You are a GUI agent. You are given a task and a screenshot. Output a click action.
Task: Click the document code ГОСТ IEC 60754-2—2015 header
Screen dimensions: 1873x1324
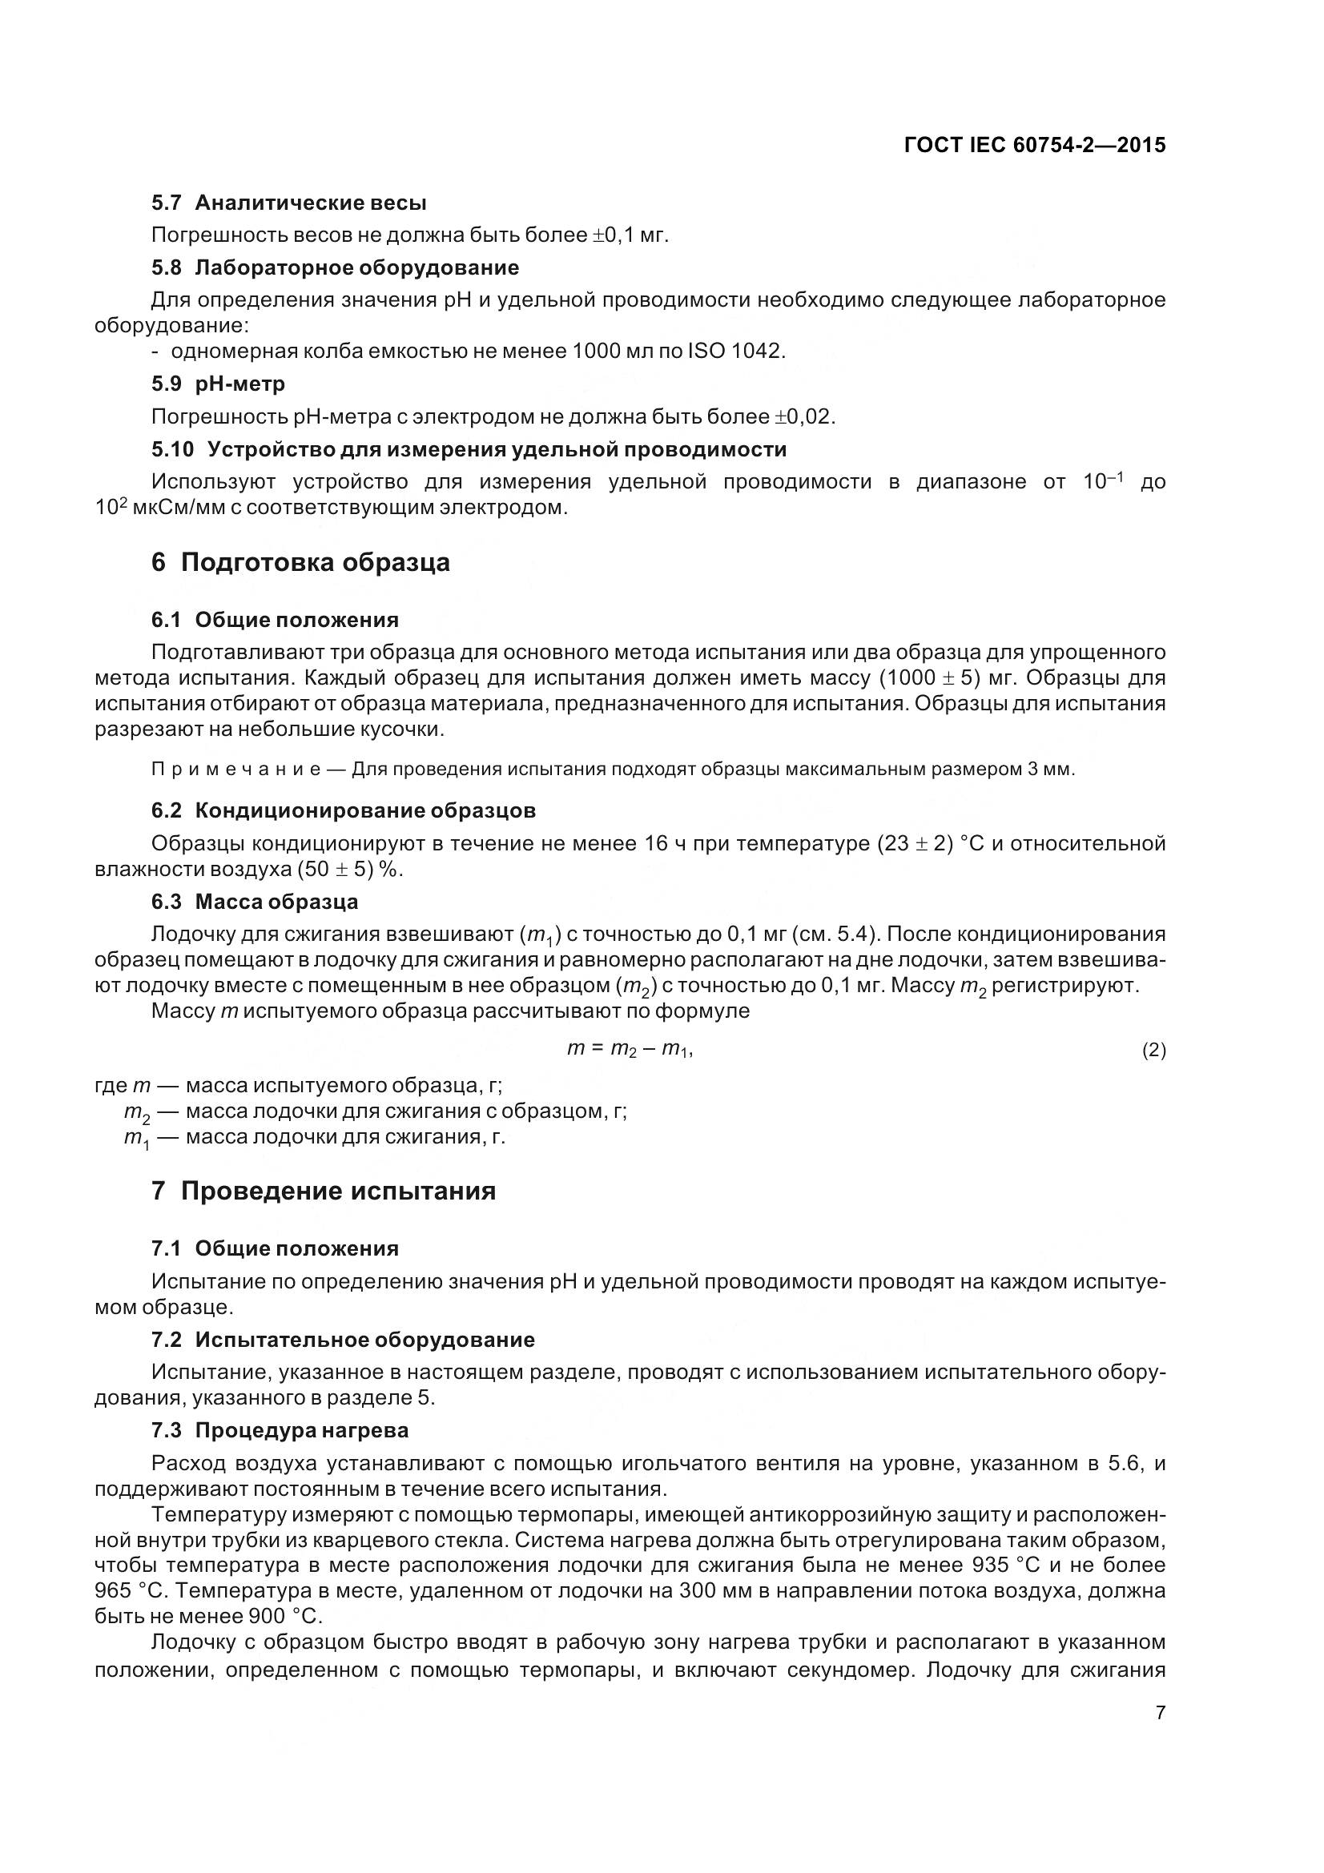coord(1034,145)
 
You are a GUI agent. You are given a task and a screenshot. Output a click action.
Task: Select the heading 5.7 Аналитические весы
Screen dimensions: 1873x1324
coord(289,203)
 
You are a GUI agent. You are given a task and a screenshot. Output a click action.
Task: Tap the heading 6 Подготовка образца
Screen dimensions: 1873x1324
coord(300,562)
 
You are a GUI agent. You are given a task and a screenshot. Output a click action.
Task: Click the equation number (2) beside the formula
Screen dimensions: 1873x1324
coord(1153,1051)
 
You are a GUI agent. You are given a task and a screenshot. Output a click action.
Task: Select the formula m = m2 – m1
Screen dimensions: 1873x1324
coord(629,1050)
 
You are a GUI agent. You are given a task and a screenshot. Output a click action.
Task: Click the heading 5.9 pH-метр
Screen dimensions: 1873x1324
coord(218,384)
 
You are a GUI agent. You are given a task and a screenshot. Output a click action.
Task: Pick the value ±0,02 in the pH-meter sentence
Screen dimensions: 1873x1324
coord(803,417)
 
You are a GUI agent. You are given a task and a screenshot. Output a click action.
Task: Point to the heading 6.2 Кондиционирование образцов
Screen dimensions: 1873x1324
coord(344,810)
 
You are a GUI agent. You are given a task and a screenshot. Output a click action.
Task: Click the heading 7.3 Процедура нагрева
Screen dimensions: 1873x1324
coord(280,1430)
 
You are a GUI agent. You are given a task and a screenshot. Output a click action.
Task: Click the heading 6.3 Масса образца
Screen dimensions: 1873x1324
coord(255,902)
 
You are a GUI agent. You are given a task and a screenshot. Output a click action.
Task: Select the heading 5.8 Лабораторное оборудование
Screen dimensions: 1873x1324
coord(335,267)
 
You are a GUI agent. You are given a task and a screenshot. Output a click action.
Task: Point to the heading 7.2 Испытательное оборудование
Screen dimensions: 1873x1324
coord(343,1340)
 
